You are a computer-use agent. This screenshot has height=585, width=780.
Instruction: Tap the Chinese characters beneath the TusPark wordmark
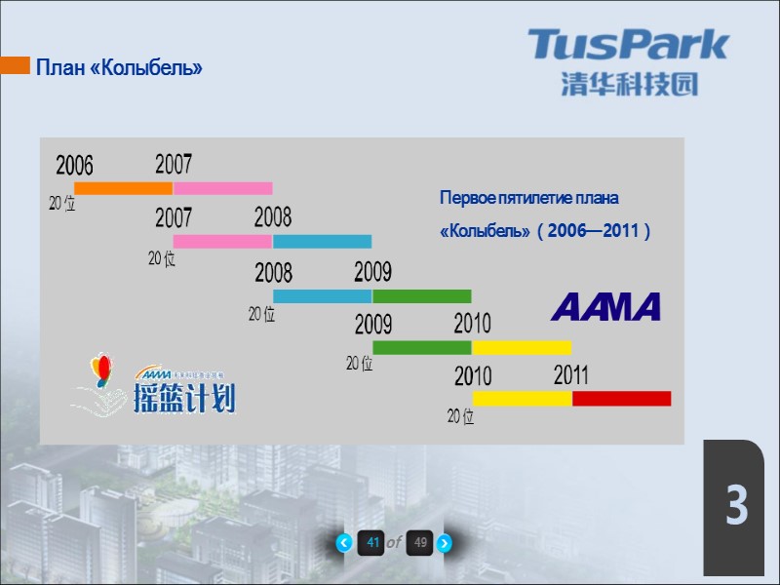click(629, 84)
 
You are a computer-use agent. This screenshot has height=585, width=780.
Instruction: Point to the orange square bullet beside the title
click(15, 66)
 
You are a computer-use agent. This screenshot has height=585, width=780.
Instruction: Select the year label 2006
click(74, 165)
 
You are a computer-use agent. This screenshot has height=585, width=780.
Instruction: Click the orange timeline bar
click(123, 188)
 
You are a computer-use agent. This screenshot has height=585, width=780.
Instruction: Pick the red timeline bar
click(621, 398)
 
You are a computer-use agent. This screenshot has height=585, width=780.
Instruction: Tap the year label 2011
click(570, 374)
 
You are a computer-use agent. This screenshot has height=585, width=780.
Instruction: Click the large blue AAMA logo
click(605, 307)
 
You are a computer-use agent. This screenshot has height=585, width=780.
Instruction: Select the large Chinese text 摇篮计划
click(184, 397)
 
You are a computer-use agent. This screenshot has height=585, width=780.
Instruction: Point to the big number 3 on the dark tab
click(736, 506)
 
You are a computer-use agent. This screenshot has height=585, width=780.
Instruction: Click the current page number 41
click(371, 543)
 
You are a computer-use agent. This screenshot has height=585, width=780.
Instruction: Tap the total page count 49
click(420, 543)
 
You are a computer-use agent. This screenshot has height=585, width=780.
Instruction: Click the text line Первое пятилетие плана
click(529, 199)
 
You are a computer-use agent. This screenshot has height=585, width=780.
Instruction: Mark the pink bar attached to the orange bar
click(222, 188)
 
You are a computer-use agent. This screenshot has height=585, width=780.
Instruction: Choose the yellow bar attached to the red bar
click(522, 398)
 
